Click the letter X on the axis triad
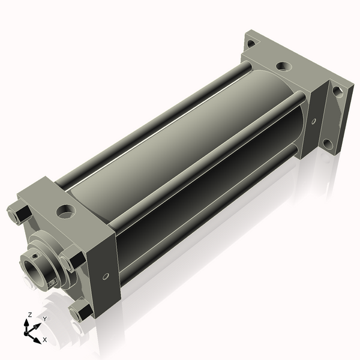(44, 340)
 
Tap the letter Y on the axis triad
(45, 319)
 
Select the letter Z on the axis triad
(29, 314)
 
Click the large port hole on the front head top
(66, 211)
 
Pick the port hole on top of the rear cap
(284, 67)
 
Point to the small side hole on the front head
(106, 276)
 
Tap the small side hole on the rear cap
(314, 121)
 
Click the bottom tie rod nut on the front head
(81, 311)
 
